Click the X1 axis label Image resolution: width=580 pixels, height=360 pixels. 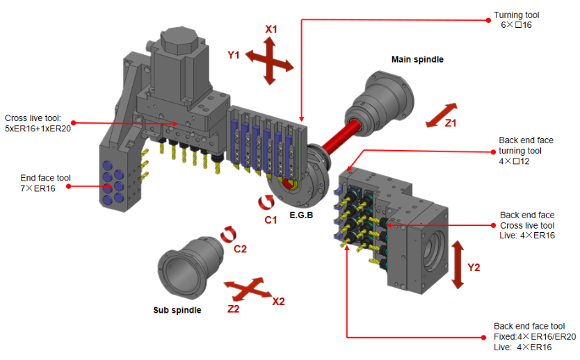pyautogui.click(x=271, y=29)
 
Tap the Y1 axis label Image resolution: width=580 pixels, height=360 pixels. pyautogui.click(x=234, y=55)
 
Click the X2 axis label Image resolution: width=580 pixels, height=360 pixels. pyautogui.click(x=277, y=302)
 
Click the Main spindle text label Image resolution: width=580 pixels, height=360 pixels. pyautogui.click(x=417, y=60)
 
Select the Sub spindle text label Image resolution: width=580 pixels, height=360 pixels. pyautogui.click(x=177, y=310)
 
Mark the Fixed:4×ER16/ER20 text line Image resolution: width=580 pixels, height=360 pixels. pyautogui.click(x=535, y=336)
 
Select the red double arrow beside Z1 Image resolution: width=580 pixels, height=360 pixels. pyautogui.click(x=442, y=115)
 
